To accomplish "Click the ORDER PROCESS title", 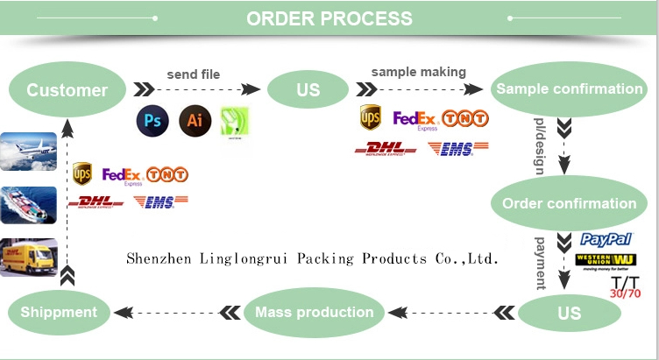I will pyautogui.click(x=329, y=18).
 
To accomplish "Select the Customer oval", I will pyautogui.click(x=67, y=89).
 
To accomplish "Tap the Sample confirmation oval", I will pyautogui.click(x=569, y=88).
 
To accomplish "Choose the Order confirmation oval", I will pyautogui.click(x=569, y=203).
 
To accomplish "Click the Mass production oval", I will pyautogui.click(x=314, y=312).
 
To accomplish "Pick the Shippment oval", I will pyautogui.click(x=59, y=312).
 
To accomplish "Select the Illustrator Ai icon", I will pyautogui.click(x=195, y=120).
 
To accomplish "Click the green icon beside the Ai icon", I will pyautogui.click(x=235, y=120).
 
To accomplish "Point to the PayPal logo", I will pyautogui.click(x=606, y=239).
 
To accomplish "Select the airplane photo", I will pyautogui.click(x=29, y=151).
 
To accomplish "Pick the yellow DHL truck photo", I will pyautogui.click(x=29, y=257).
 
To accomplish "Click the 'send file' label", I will pyautogui.click(x=194, y=74).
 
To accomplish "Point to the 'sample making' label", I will pyautogui.click(x=419, y=72).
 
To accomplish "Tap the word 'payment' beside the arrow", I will pyautogui.click(x=541, y=262).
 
